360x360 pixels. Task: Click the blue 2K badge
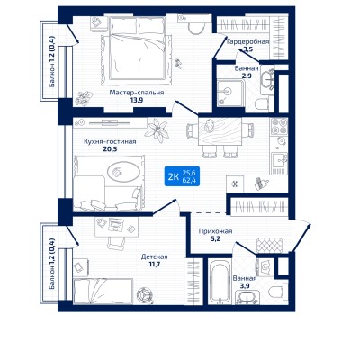pos(182,176)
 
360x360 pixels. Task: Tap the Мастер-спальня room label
pos(137,93)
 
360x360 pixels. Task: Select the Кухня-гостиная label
pos(110,141)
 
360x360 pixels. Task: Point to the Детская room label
pos(155,257)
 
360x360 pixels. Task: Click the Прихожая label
pos(215,231)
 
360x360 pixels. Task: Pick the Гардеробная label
pos(247,41)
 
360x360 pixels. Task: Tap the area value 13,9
pos(137,100)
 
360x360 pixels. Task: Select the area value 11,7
pos(155,265)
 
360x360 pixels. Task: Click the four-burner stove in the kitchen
pos(279,127)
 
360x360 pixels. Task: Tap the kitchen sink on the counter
pos(279,164)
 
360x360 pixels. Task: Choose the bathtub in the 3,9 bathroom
pos(220,282)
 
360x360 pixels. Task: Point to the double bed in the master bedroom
pos(138,50)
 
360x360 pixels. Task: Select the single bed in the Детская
pos(103,291)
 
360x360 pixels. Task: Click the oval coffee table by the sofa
pos(123,172)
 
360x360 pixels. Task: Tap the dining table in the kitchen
pos(220,132)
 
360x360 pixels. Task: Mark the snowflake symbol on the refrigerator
pos(235,184)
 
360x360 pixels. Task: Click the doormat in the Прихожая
pos(269,245)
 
